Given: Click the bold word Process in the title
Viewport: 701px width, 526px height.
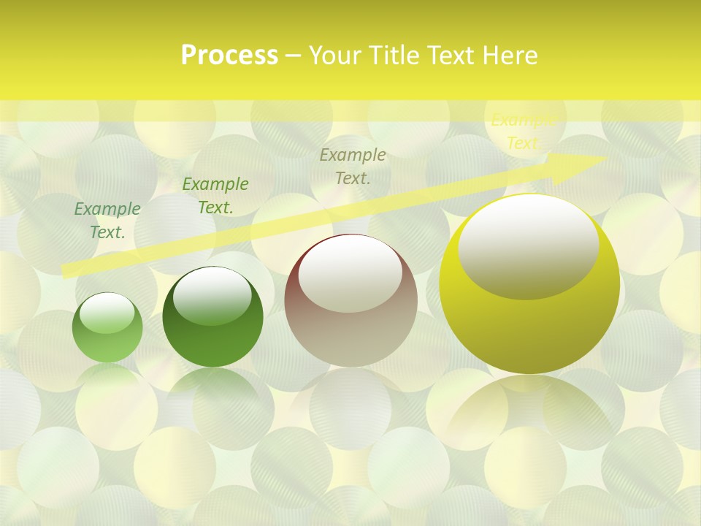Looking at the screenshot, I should point(229,56).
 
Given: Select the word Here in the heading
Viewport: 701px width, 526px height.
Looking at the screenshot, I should point(509,56).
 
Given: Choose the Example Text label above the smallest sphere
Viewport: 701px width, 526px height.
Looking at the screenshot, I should point(107,220).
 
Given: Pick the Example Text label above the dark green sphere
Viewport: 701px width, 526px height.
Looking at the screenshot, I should point(215,195).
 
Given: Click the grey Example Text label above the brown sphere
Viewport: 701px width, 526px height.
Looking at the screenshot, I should point(353,166).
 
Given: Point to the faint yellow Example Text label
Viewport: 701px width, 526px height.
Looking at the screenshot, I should point(523,131).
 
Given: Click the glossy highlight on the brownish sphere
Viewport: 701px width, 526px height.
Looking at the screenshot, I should point(350,274).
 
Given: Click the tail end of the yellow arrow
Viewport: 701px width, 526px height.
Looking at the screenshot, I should point(67,271).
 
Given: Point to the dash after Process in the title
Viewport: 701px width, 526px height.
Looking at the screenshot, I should point(293,56).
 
